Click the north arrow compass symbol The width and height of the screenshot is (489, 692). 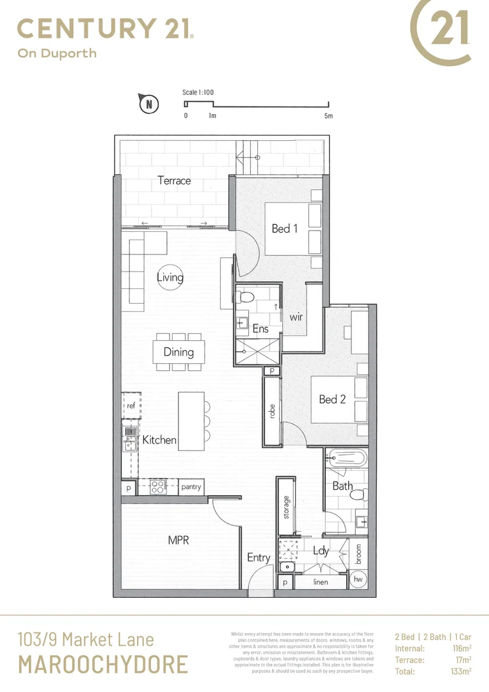coord(148,103)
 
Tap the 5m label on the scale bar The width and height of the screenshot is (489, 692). coord(328,116)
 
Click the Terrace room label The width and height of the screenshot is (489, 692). coord(174,181)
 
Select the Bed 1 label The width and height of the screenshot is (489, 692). coord(285,228)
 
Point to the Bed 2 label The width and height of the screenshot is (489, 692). coord(332,399)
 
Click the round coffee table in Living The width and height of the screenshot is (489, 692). coord(170,277)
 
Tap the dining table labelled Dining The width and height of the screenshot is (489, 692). coord(179,352)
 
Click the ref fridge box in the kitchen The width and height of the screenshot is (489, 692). coord(131,406)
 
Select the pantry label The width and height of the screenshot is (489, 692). coord(191,487)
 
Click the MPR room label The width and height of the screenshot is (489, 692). coord(179,540)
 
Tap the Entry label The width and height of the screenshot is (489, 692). coord(259,557)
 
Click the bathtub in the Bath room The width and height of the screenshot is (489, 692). coord(346,459)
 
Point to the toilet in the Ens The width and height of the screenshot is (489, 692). coord(245,297)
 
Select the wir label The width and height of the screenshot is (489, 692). coord(296,317)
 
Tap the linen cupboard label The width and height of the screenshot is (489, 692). coord(321,582)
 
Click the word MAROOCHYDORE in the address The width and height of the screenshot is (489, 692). coord(102,664)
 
